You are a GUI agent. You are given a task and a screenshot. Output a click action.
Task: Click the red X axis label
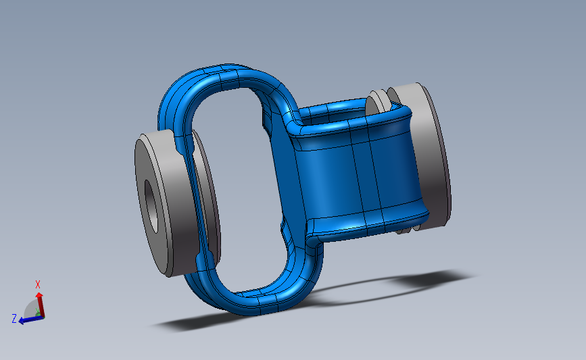pyautogui.click(x=38, y=284)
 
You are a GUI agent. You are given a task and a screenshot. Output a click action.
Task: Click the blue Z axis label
pyautogui.click(x=14, y=319)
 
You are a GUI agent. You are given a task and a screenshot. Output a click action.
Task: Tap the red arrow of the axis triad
pyautogui.click(x=40, y=305)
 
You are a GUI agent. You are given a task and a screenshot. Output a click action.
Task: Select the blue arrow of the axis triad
pyautogui.click(x=31, y=319)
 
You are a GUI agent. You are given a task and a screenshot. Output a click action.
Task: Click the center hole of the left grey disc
pyautogui.click(x=151, y=206)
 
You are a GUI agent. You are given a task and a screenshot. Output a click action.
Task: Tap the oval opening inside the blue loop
pyautogui.click(x=236, y=186)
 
